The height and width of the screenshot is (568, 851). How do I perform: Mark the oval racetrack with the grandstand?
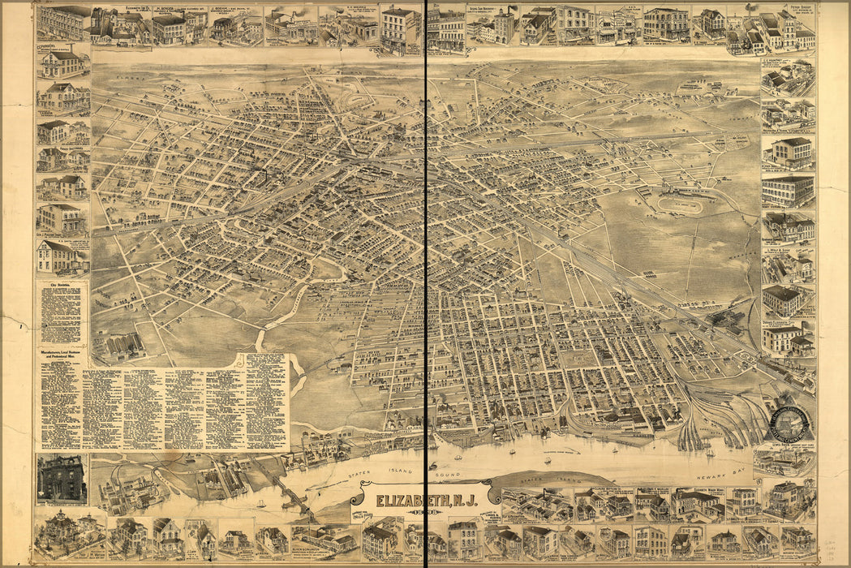pyautogui.click(x=680, y=204)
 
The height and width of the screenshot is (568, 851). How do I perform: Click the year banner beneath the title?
pyautogui.click(x=426, y=510)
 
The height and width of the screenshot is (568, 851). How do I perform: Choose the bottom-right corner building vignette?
pyautogui.click(x=798, y=540)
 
